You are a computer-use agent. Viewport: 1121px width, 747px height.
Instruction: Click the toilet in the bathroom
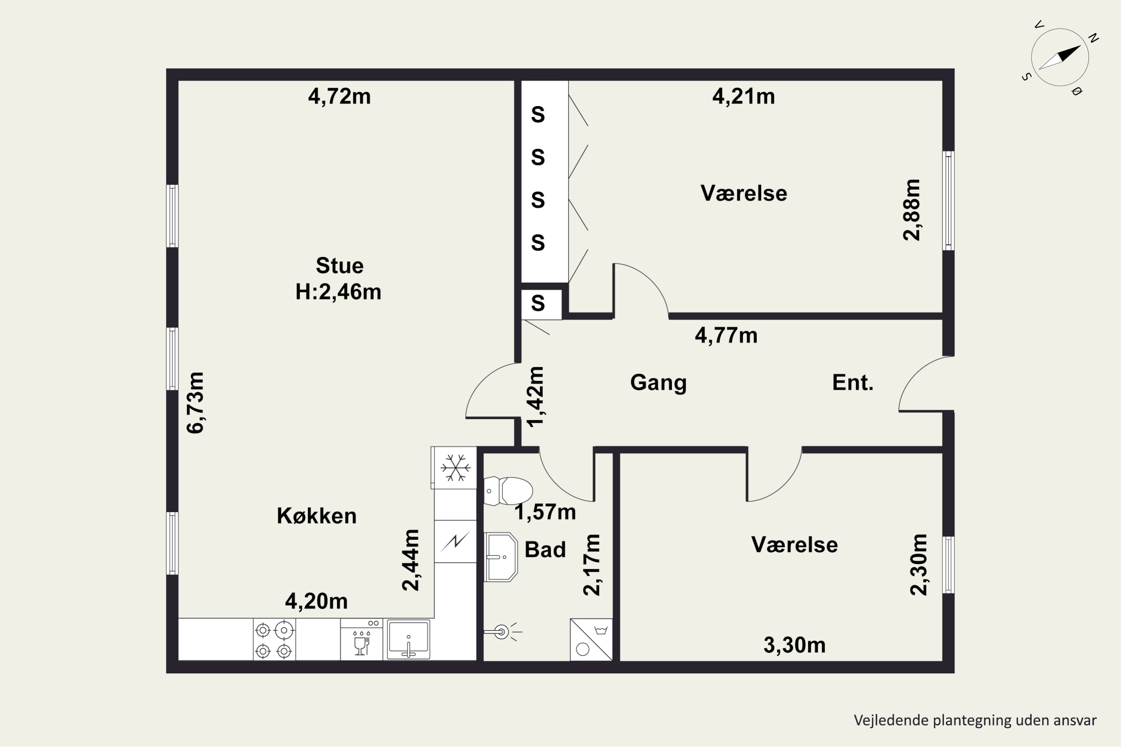(x=508, y=491)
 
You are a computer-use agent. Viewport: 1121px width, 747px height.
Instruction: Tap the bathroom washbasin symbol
(x=500, y=557)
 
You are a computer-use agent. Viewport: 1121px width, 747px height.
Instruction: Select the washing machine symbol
(x=591, y=639)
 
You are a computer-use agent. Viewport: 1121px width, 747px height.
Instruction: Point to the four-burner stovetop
(x=274, y=639)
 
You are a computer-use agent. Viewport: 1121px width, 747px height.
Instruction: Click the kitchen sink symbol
(x=408, y=639)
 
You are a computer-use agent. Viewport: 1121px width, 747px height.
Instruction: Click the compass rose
(x=1060, y=58)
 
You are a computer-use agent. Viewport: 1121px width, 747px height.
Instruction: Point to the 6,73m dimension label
(x=195, y=403)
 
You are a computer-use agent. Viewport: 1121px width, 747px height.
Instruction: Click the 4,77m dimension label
(x=726, y=335)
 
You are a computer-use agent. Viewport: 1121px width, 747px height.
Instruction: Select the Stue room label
(x=339, y=265)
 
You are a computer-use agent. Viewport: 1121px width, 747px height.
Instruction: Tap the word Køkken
(x=316, y=515)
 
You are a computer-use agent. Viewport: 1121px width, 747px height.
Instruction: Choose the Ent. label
(x=853, y=382)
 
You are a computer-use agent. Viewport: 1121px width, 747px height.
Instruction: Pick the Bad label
(x=545, y=549)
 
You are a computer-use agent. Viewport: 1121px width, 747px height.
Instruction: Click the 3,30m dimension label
(x=794, y=645)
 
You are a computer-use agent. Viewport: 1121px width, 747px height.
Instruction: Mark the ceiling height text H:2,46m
(x=339, y=292)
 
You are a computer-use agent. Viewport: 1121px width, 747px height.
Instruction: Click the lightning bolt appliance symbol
(x=455, y=541)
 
